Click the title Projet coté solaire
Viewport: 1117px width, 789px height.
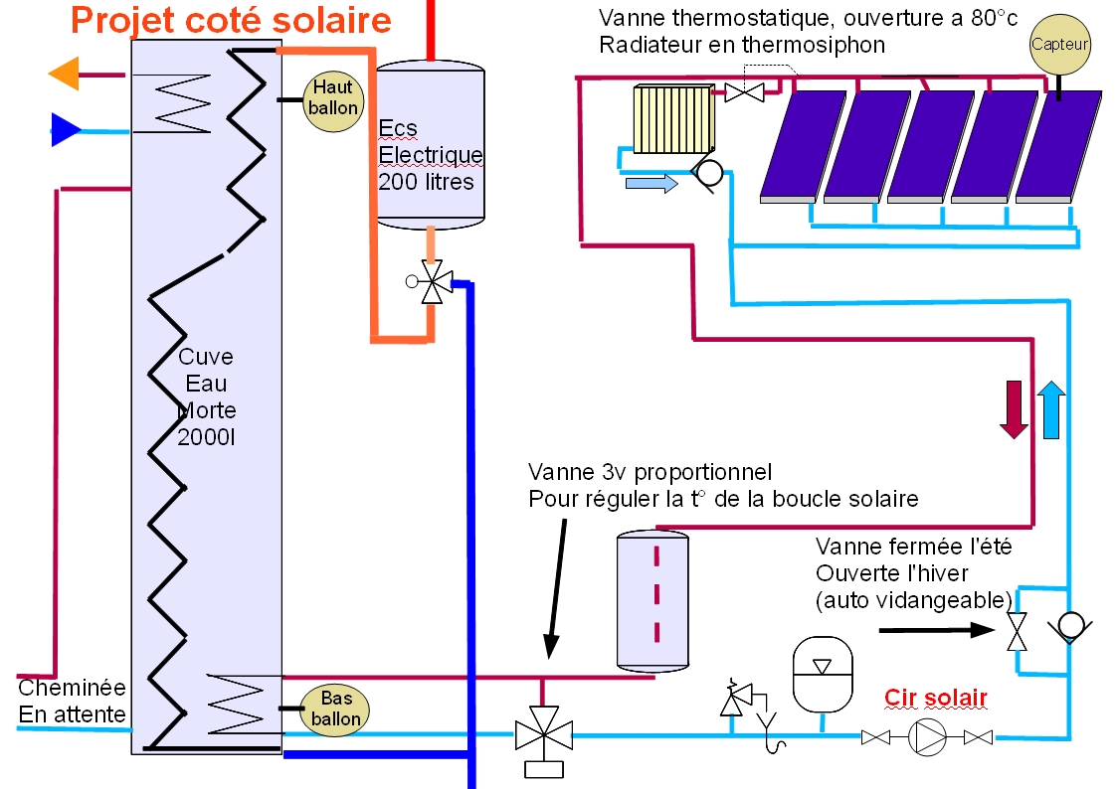(231, 20)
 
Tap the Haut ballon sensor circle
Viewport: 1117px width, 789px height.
(332, 97)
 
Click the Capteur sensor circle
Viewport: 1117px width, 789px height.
(1059, 44)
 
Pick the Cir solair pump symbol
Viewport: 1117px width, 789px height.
(927, 737)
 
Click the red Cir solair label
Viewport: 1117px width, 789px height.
(936, 698)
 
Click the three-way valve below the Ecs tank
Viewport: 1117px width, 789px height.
(433, 282)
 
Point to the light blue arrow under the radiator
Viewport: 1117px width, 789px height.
(651, 183)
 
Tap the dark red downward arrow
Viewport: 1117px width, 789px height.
(1014, 408)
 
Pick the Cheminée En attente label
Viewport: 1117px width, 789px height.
(72, 701)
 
